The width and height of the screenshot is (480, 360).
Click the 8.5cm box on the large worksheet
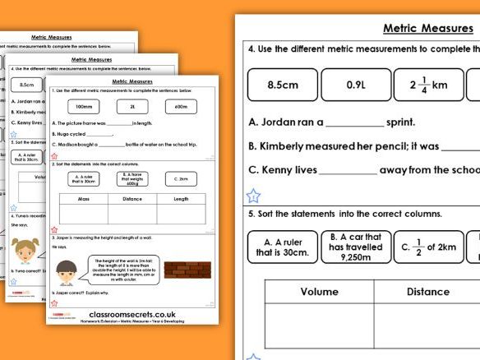282,85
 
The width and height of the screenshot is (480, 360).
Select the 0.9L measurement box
356,85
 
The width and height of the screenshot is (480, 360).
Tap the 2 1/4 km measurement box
428,85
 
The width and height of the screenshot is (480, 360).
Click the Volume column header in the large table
318,291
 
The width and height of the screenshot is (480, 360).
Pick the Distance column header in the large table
428,291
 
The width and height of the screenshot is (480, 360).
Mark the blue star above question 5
254,196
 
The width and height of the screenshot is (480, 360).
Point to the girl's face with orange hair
26,246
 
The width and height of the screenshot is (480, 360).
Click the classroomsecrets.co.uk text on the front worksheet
131,314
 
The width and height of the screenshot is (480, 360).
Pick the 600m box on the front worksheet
182,108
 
